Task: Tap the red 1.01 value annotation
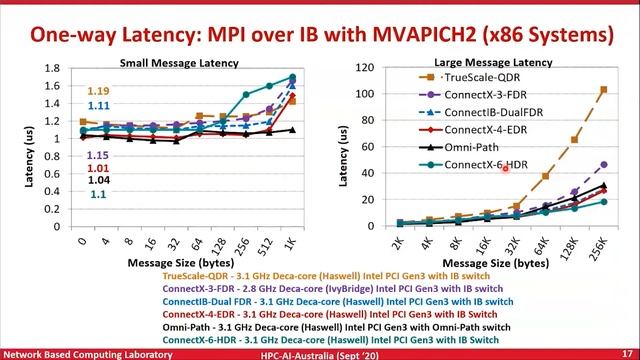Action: click(98, 168)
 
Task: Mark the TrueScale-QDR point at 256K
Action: click(602, 90)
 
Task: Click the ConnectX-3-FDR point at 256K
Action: click(602, 164)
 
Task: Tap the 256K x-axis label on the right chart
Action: click(599, 246)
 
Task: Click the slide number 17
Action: click(626, 353)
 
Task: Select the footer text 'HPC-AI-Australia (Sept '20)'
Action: click(329, 353)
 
